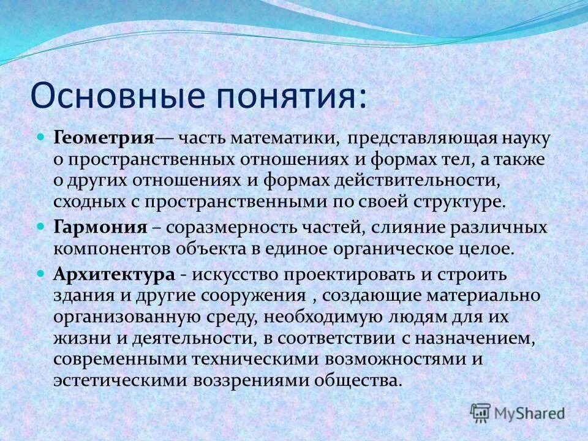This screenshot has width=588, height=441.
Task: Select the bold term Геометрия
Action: coord(104,137)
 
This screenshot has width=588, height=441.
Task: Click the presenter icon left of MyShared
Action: coord(481,412)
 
